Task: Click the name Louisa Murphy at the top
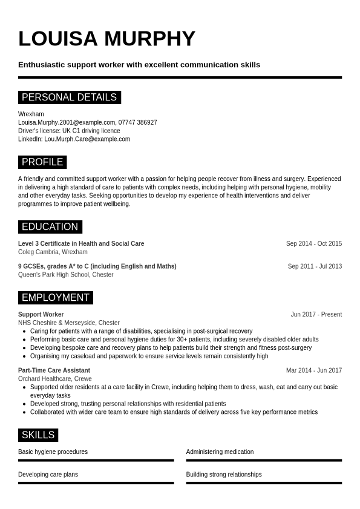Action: point(106,39)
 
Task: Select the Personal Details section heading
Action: point(69,97)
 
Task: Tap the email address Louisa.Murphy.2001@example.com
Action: point(67,122)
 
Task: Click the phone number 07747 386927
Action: point(138,122)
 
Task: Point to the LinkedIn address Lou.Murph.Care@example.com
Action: point(87,139)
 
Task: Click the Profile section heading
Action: point(42,162)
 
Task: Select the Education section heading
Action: point(50,227)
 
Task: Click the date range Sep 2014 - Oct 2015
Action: point(313,244)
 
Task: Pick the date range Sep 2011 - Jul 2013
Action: point(315,266)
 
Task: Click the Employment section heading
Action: point(55,298)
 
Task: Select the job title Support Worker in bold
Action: point(41,315)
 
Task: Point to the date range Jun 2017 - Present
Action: point(316,315)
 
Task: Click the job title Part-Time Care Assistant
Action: point(54,370)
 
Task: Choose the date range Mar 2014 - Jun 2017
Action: point(313,370)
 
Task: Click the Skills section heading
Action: point(38,435)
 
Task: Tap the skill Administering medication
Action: point(220,452)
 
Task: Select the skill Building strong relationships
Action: point(224,475)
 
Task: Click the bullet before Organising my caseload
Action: point(24,356)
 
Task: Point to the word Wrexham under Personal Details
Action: point(31,114)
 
